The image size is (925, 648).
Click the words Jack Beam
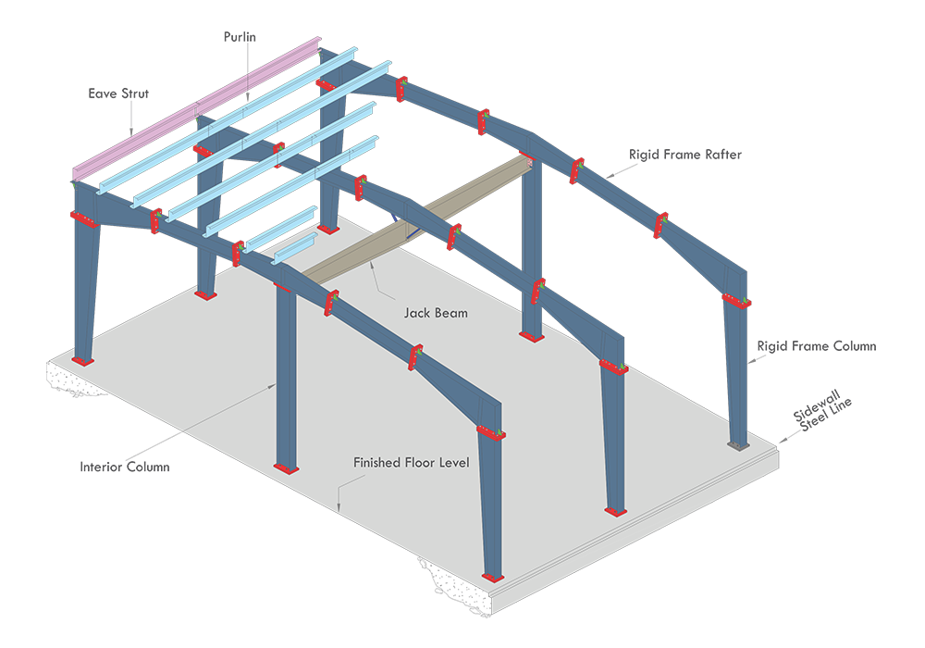(435, 313)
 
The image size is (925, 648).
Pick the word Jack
(417, 313)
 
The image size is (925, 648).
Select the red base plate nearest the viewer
(493, 577)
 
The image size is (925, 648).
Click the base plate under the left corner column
(82, 360)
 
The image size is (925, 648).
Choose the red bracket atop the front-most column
(491, 432)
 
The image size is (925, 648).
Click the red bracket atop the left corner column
(83, 220)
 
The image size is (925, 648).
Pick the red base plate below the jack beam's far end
(531, 336)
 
